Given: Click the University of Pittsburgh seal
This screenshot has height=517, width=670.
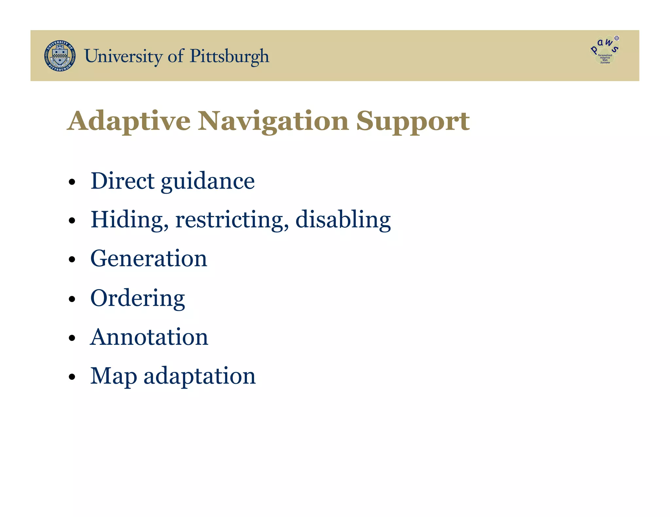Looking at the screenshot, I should coord(60,56).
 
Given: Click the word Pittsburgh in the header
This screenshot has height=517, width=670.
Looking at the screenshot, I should coord(229,56).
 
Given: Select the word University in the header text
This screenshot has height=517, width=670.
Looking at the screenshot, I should coord(123,56).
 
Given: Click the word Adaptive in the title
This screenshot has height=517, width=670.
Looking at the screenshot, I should coord(129,121).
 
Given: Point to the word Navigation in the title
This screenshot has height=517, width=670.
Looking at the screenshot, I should coord(273,121).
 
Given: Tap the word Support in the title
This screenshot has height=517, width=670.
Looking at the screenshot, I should coord(413,121).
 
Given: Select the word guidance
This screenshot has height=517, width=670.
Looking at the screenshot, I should coord(208,182).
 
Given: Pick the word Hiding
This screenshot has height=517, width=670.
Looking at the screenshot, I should coord(130,220).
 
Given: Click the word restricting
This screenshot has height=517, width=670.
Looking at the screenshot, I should coord(232,220).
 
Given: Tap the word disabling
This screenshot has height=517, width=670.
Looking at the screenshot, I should coord(343,220).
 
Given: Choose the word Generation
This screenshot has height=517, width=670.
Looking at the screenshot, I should coord(149,258).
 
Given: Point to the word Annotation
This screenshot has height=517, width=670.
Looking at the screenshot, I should coord(149,337).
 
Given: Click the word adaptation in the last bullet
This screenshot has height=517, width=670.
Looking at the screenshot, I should coord(200,376).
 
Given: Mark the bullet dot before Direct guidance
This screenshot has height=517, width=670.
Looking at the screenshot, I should coord(72,182).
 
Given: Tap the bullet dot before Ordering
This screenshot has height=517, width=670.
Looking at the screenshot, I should coord(72,299).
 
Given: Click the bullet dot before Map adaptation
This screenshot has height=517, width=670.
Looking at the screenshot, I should coord(72,377).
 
